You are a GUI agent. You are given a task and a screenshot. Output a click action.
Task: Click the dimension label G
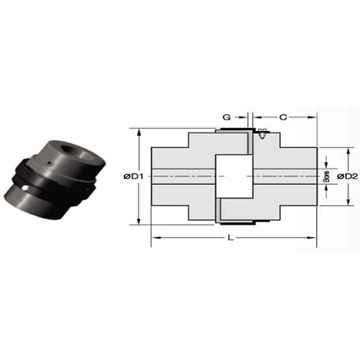click(227, 117)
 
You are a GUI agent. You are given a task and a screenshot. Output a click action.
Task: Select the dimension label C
click(284, 117)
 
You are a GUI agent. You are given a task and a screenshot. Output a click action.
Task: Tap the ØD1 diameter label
click(133, 176)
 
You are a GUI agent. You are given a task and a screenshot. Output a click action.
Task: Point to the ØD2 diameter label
click(348, 176)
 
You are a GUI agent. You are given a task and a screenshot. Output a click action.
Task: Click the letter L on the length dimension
click(230, 238)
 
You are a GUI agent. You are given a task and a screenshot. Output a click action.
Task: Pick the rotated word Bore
click(326, 176)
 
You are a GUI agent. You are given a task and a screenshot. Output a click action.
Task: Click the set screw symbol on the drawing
click(261, 133)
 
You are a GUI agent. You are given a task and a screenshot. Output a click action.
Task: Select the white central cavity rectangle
click(234, 176)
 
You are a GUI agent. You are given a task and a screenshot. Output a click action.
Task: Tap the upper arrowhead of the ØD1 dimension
click(138, 132)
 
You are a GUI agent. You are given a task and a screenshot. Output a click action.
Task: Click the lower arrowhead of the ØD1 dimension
click(138, 220)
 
